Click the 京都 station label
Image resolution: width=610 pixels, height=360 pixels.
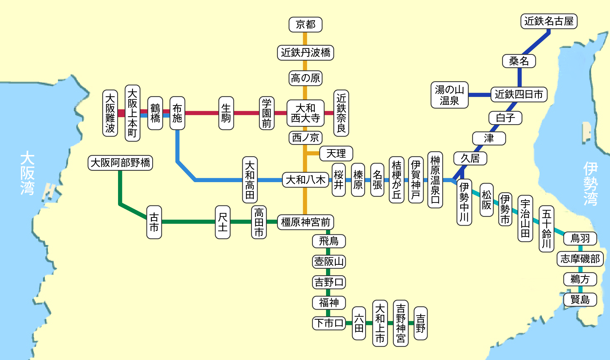click(x=305, y=24)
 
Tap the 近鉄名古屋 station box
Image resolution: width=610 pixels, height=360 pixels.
click(x=549, y=21)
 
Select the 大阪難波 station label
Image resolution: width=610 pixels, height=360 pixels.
click(x=110, y=113)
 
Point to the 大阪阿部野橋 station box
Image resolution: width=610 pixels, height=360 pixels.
click(x=120, y=163)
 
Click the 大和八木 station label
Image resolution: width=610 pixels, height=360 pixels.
click(x=305, y=180)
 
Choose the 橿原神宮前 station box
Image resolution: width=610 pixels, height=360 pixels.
click(x=305, y=222)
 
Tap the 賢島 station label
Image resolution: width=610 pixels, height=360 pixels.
click(x=580, y=300)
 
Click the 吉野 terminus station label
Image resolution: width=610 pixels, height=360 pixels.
click(x=420, y=323)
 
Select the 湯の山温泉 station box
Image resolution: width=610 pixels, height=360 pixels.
click(x=449, y=95)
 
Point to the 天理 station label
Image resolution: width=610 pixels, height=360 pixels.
click(x=336, y=153)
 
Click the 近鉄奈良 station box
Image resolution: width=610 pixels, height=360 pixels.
click(x=341, y=113)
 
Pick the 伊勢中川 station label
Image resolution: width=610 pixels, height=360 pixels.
click(x=464, y=202)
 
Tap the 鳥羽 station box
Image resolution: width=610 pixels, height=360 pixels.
click(x=580, y=238)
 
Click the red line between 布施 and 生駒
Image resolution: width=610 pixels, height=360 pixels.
click(x=202, y=113)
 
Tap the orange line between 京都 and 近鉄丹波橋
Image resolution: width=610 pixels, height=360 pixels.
click(x=305, y=39)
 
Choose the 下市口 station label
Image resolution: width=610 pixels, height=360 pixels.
click(x=329, y=323)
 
